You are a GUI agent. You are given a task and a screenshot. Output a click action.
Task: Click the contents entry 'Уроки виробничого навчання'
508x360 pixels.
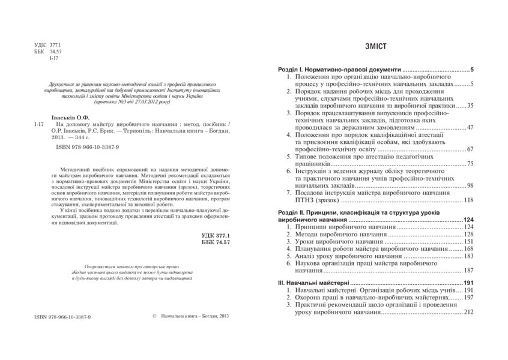[338, 241]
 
